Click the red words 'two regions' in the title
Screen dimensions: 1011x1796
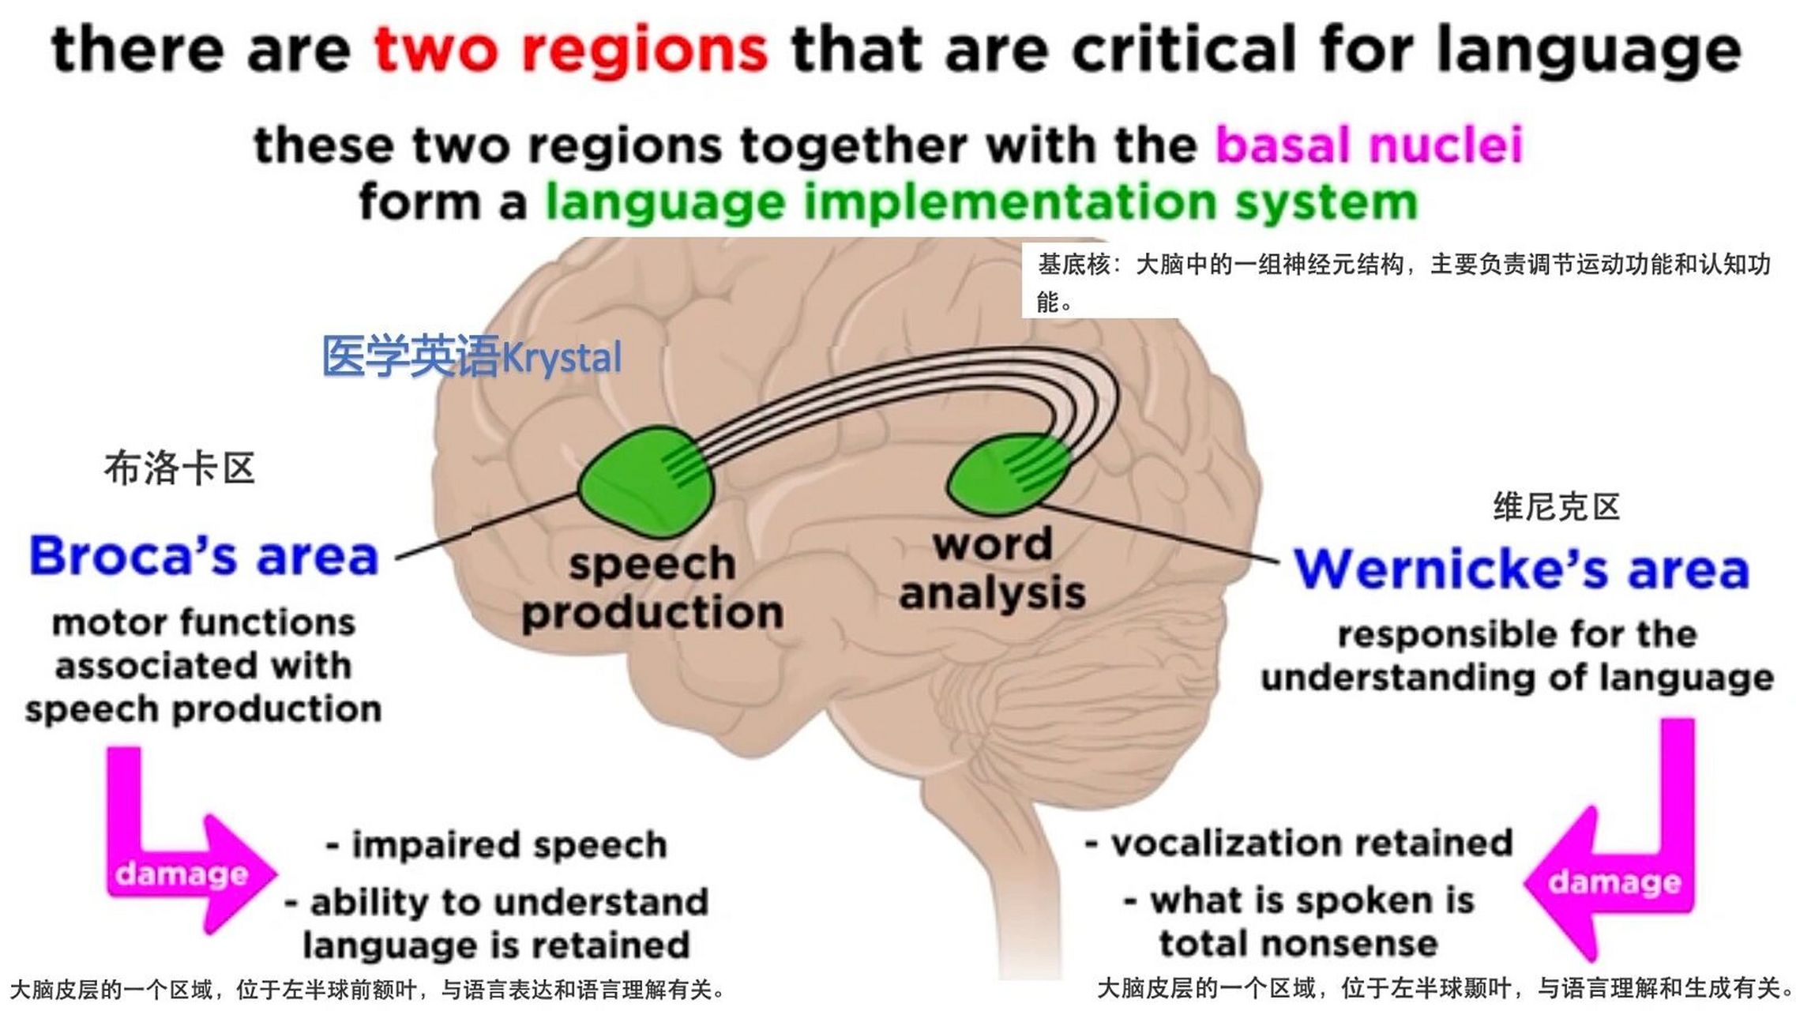[570, 49]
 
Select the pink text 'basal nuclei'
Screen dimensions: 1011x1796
[1369, 145]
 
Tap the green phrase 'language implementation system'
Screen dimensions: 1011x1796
[982, 202]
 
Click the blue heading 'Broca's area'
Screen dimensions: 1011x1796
[204, 556]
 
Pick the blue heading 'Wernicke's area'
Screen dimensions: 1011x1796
[1521, 569]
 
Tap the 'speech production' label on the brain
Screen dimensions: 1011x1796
[652, 588]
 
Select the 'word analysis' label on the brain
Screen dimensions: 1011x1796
[993, 569]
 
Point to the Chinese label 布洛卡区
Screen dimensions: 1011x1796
[179, 468]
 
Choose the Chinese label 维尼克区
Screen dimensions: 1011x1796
[1556, 506]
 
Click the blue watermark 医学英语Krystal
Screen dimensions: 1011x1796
[472, 357]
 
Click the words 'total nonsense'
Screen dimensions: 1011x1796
[1298, 944]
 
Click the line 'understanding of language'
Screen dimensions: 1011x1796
[1517, 678]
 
